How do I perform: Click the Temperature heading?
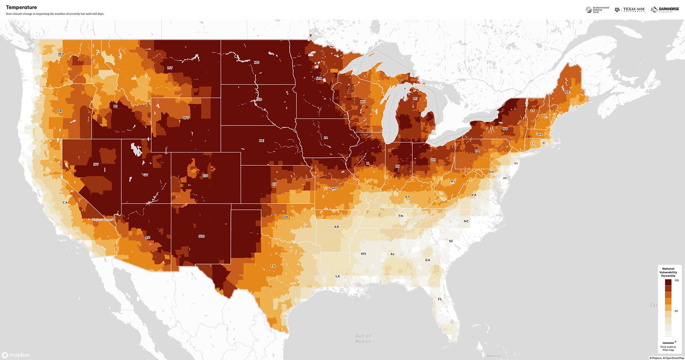point(21,7)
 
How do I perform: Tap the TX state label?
point(273,266)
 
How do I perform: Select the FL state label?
point(440,299)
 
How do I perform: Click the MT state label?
point(170,68)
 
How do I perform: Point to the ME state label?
point(567,92)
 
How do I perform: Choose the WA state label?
point(61,54)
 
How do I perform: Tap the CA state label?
point(65,202)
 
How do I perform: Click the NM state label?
point(202,236)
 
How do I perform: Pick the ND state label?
point(257,62)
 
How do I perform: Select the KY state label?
point(407,197)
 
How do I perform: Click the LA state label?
point(338,276)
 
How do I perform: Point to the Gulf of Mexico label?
point(363,338)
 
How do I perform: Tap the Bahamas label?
point(494,356)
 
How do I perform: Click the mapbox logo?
point(16,355)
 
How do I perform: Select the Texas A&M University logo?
point(630,10)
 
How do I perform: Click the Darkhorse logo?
point(665,10)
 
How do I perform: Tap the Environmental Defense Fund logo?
point(597,10)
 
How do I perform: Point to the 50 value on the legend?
point(676,311)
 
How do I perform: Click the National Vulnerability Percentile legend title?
point(668,272)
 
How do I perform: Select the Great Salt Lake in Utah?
point(136,149)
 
